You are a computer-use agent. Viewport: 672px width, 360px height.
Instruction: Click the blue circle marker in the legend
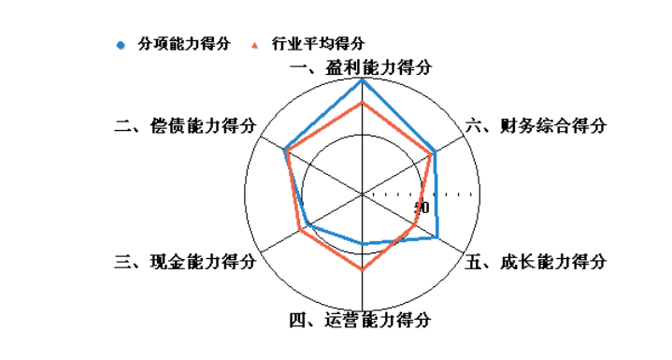click(x=120, y=44)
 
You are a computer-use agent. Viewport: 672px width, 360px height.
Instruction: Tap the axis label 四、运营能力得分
click(x=360, y=321)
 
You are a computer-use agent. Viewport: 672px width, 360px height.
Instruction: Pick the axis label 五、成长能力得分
click(x=536, y=262)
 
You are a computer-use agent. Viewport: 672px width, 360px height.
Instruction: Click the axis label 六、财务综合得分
click(x=536, y=126)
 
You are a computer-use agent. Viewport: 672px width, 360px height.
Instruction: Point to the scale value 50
click(x=422, y=208)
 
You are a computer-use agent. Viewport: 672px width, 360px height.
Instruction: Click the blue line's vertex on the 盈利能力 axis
click(x=363, y=80)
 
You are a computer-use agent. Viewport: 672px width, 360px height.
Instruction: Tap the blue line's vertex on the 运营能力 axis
click(x=363, y=245)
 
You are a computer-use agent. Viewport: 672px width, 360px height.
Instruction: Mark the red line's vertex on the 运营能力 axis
click(x=363, y=269)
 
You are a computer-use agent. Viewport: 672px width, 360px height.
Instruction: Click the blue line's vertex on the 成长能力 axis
click(x=436, y=238)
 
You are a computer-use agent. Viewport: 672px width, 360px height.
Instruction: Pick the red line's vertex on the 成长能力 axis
click(x=415, y=225)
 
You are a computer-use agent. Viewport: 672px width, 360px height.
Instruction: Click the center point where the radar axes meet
click(x=363, y=194)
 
